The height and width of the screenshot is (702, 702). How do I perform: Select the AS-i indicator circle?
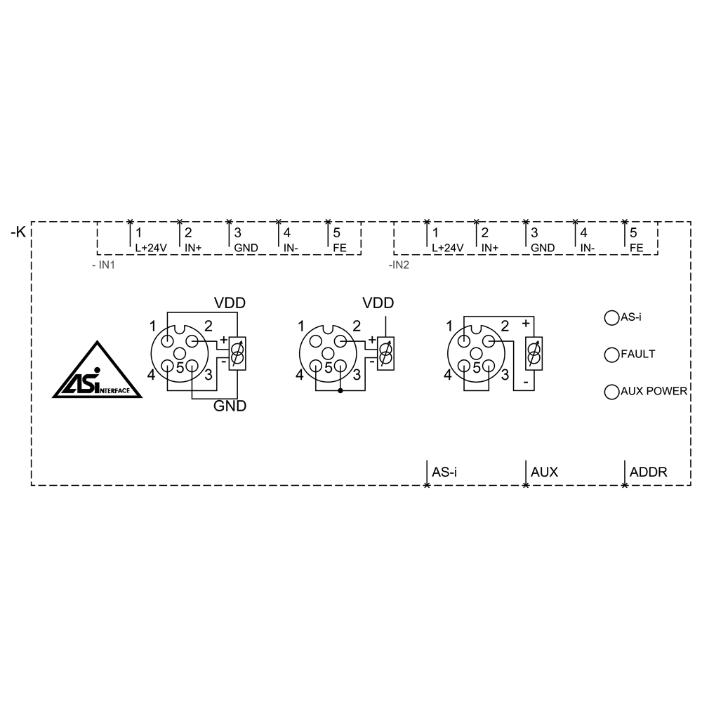(x=610, y=318)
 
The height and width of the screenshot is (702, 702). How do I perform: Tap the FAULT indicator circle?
(x=610, y=355)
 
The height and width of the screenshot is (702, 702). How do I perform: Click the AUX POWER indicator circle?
(x=610, y=391)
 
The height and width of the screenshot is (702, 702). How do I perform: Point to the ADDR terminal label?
(x=648, y=472)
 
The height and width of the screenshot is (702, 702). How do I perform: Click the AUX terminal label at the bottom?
(x=544, y=472)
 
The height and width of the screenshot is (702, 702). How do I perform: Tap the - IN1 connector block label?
(x=104, y=267)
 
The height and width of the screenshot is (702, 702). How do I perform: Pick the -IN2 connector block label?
(x=399, y=267)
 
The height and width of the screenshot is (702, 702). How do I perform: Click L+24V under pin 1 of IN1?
(x=150, y=248)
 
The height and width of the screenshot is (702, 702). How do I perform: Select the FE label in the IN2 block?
(x=637, y=248)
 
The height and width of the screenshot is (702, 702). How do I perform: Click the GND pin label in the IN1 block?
(x=246, y=248)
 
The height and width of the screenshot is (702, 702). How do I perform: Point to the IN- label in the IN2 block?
(x=588, y=248)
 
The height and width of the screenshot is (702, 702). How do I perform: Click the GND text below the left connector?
(x=230, y=406)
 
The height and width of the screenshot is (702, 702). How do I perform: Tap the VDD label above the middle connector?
(x=378, y=303)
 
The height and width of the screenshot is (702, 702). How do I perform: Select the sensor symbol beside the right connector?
(x=534, y=353)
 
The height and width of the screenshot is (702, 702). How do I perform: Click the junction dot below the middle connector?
(x=340, y=390)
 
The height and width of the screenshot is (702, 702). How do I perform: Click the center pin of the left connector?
(x=179, y=354)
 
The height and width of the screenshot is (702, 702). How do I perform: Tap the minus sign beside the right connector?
(x=524, y=383)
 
